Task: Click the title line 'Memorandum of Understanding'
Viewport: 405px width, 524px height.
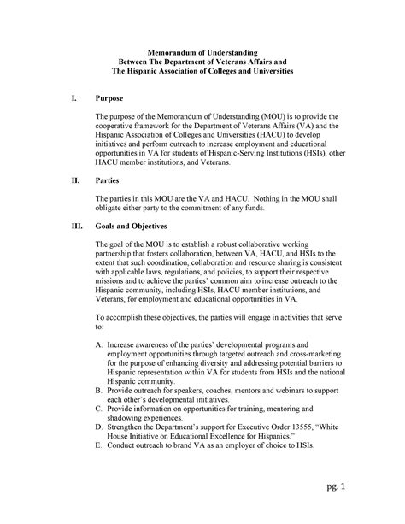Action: coord(202,52)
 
